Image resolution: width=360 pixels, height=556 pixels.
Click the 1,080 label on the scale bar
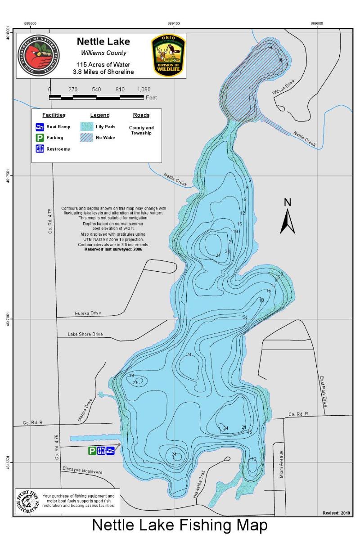coord(144,90)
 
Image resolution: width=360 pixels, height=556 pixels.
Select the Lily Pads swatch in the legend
coord(87,127)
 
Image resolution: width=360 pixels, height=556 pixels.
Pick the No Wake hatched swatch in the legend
coord(87,138)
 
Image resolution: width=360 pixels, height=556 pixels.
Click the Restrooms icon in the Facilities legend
coord(40,149)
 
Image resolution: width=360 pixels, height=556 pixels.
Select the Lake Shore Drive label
coord(85,334)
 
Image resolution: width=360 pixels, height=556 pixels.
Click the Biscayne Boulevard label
coord(82,471)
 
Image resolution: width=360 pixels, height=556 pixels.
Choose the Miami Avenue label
coord(282,464)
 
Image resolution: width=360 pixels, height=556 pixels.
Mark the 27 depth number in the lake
coord(218,256)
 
